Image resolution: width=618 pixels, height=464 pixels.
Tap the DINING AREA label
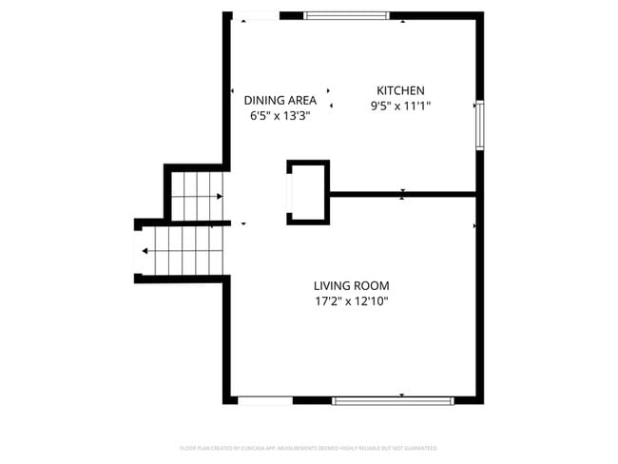coord(280,100)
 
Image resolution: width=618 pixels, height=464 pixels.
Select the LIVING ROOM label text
coord(351,285)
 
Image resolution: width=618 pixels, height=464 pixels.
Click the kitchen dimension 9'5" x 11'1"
coord(400,106)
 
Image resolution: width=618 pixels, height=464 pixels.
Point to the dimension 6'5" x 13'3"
coord(280,116)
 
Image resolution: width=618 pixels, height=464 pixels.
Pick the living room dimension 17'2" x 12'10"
coord(351,301)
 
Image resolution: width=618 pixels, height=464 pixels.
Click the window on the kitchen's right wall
coord(480,125)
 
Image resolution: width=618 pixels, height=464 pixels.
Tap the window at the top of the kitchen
coord(346,15)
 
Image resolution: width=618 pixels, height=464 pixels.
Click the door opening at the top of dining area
coord(256,15)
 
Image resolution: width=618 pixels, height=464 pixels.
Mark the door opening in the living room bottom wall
coord(265,400)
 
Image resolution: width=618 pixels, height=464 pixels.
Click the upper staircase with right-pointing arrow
coord(198,196)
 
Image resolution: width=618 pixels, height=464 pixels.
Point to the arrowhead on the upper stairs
coord(220,196)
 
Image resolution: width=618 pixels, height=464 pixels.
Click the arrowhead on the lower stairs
coord(145,252)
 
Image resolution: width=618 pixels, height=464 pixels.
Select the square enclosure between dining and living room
coord(309,192)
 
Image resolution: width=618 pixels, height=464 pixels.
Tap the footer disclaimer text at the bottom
coord(308,447)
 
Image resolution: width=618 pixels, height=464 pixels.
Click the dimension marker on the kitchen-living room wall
coord(402,195)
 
